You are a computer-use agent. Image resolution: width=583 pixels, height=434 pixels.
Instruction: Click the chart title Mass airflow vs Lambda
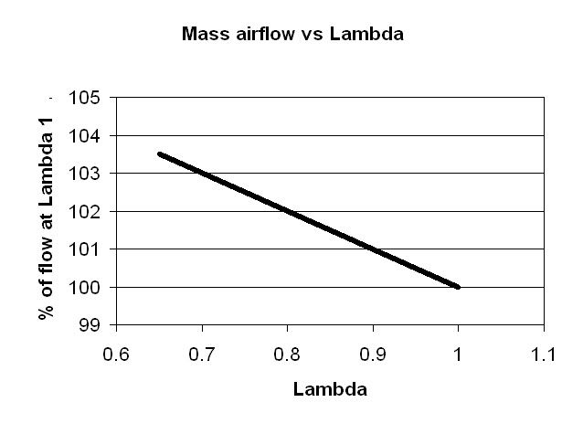[x=292, y=36]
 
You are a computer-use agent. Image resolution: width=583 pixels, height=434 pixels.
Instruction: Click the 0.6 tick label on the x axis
[x=115, y=351]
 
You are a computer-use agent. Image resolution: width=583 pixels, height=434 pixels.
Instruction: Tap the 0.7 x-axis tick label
[x=201, y=351]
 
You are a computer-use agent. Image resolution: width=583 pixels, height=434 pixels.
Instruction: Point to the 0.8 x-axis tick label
[x=287, y=351]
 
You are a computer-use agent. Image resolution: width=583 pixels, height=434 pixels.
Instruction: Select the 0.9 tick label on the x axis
[x=373, y=351]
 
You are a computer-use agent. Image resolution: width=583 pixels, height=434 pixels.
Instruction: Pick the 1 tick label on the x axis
[x=458, y=351]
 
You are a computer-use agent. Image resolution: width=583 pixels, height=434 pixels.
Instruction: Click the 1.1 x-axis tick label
[x=544, y=351]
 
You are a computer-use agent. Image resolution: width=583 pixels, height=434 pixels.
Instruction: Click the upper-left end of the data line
[x=159, y=154]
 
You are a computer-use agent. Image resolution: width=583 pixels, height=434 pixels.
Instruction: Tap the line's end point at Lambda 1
[x=458, y=287]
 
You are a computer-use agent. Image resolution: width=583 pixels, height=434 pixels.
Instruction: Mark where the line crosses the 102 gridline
[x=287, y=211]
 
